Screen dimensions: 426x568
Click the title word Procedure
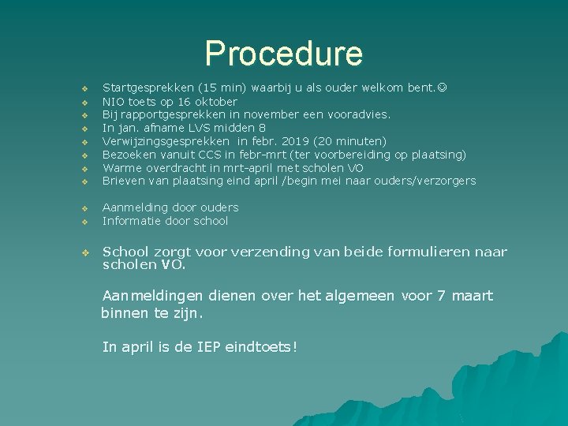(x=283, y=53)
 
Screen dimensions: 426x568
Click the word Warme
(x=122, y=168)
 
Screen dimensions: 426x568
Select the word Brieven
(x=125, y=181)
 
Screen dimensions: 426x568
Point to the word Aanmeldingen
(x=152, y=296)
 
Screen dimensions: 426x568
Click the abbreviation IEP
(x=208, y=346)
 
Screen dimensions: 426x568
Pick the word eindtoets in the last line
(x=261, y=346)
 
